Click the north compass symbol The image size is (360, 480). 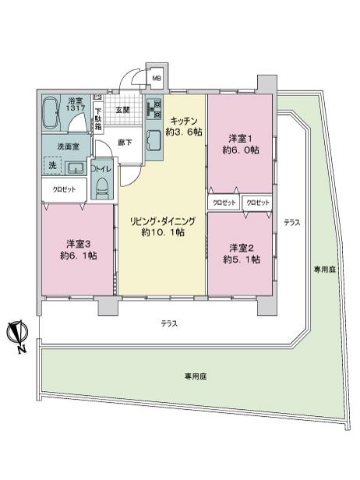click(18, 334)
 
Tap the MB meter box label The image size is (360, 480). click(157, 79)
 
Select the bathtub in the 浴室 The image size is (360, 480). click(51, 113)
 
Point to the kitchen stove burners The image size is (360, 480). click(154, 109)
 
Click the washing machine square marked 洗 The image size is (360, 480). click(52, 166)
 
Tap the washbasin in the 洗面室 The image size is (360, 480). click(76, 168)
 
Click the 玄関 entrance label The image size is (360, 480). click(123, 110)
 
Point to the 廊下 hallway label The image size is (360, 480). click(125, 143)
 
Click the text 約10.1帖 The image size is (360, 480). click(163, 232)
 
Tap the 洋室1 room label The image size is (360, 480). click(241, 139)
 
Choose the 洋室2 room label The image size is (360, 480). click(242, 249)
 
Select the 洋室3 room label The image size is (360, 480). click(79, 244)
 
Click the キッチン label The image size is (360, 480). click(184, 121)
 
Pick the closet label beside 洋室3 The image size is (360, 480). click(64, 190)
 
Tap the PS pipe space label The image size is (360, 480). click(97, 97)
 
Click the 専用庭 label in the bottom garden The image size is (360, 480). click(196, 376)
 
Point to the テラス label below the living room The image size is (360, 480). click(169, 323)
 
